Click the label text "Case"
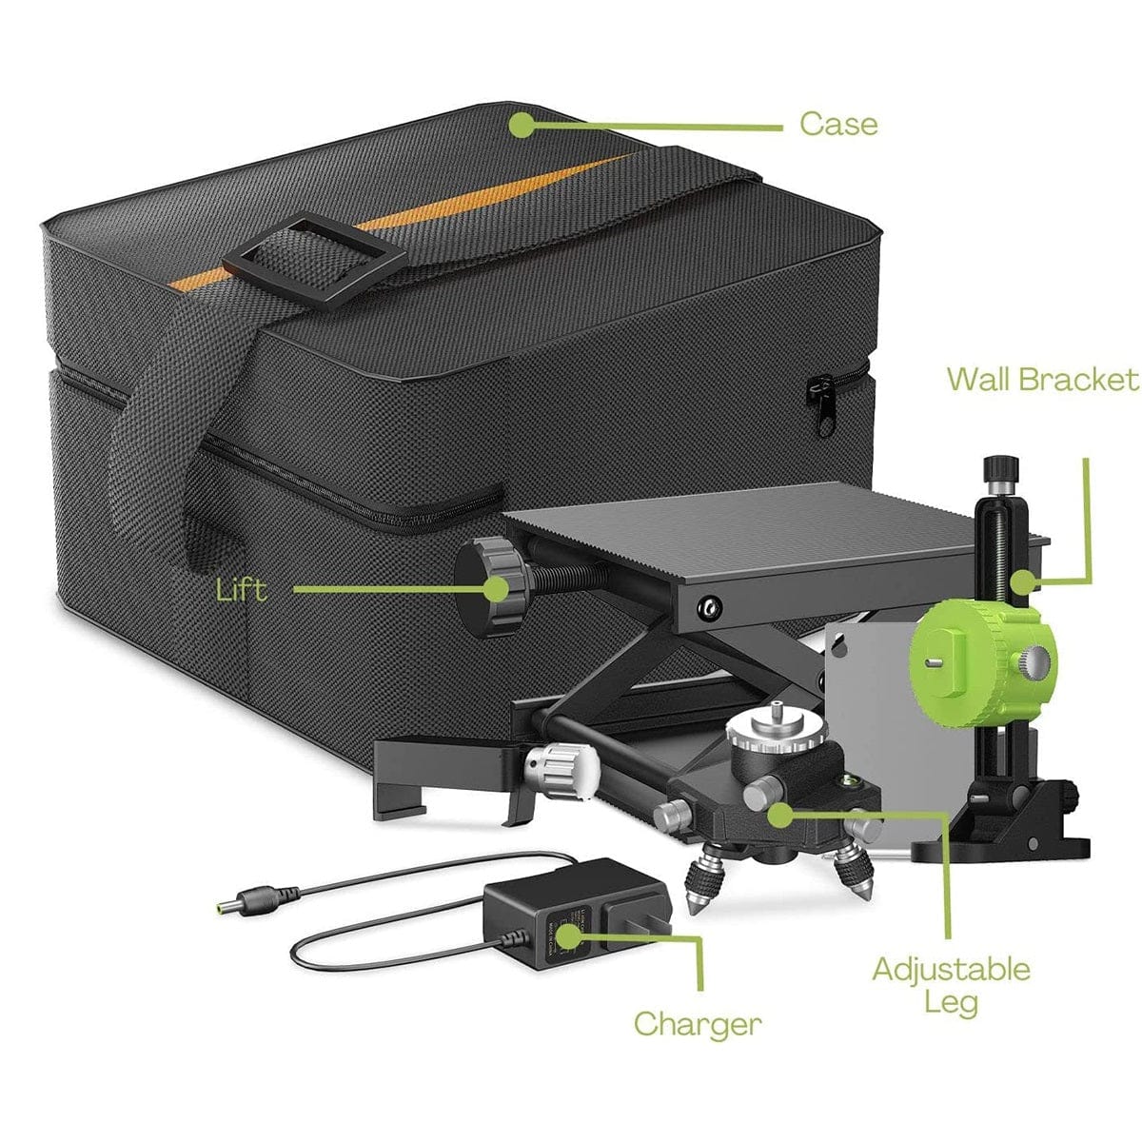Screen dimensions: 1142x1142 [x=837, y=124]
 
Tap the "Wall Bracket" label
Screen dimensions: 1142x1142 [x=1042, y=379]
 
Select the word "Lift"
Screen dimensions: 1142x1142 [x=242, y=590]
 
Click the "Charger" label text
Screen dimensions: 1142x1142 [x=698, y=1024]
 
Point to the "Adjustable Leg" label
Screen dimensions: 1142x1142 [x=951, y=985]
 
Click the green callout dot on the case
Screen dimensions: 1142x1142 [x=522, y=125]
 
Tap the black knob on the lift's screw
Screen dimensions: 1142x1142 [x=488, y=582]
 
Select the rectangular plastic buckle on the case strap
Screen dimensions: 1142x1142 [x=314, y=260]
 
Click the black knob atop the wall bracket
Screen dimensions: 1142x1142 [x=1000, y=469]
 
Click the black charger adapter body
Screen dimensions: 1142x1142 [x=571, y=909]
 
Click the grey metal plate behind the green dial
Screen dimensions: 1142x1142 [x=861, y=723]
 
